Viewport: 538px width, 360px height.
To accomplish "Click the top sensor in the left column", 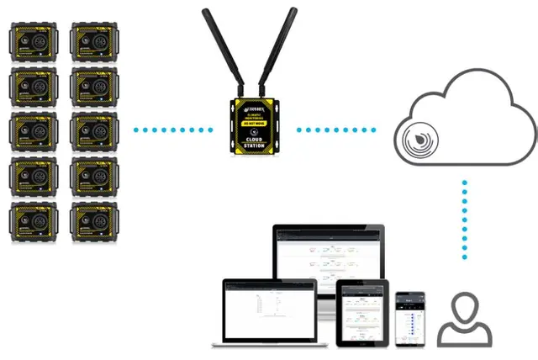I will click(34, 41).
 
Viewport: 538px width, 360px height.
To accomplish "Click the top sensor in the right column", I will click(94, 41).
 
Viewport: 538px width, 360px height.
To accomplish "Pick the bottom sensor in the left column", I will click(34, 218).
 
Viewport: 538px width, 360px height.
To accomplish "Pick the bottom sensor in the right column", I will click(94, 218).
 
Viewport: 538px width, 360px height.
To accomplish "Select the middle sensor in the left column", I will click(34, 130).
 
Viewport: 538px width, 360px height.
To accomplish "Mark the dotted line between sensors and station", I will click(173, 130).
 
